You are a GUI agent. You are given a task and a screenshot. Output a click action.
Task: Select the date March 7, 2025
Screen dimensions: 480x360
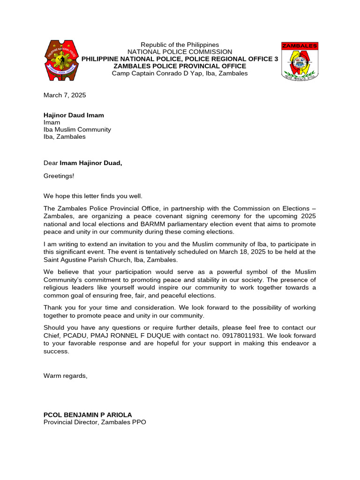coord(65,95)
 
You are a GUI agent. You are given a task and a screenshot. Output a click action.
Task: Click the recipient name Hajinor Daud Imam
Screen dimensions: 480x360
coord(74,115)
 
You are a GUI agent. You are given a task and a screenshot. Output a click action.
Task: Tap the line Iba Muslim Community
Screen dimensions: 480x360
coord(77,129)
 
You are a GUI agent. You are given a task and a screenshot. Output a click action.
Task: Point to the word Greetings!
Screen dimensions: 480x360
coord(59,176)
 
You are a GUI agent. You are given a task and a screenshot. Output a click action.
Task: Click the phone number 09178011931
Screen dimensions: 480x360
coord(223,336)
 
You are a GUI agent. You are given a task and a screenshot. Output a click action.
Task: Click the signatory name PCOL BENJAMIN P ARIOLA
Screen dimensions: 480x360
coord(88,415)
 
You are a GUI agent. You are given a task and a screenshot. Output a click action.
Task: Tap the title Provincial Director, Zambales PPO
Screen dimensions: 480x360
coord(95,422)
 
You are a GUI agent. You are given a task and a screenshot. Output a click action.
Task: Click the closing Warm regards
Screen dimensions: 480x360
coord(65,375)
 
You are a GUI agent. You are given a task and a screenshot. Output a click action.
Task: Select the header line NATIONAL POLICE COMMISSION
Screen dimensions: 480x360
coord(180,52)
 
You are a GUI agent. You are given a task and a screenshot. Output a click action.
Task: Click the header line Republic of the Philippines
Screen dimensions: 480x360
coord(180,45)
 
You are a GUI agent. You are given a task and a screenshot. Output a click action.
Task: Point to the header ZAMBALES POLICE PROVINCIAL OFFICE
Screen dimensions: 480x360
coord(180,66)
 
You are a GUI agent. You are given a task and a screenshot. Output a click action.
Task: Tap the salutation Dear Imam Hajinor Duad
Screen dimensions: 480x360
coord(86,163)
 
